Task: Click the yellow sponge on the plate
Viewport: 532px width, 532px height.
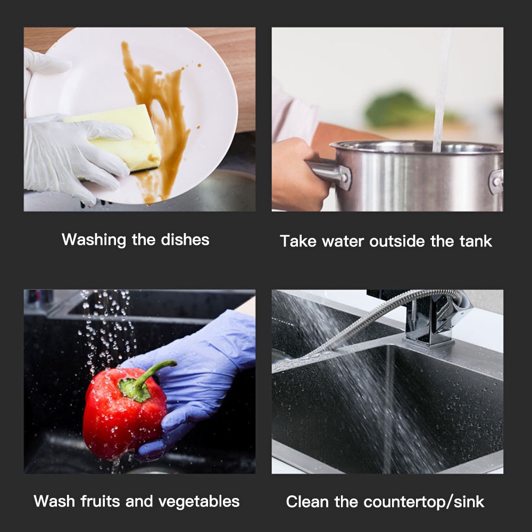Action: click(x=119, y=139)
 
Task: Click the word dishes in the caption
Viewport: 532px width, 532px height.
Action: click(x=185, y=239)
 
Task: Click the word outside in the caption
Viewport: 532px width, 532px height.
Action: click(x=397, y=241)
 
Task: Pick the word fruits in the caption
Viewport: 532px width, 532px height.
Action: click(x=100, y=501)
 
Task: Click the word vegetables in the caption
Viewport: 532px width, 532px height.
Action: click(x=199, y=502)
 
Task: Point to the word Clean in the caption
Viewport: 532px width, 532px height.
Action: click(x=307, y=502)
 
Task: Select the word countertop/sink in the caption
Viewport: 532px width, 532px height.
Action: click(x=424, y=502)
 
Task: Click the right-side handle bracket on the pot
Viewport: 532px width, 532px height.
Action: click(x=496, y=181)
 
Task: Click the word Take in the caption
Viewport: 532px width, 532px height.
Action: click(x=298, y=241)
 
